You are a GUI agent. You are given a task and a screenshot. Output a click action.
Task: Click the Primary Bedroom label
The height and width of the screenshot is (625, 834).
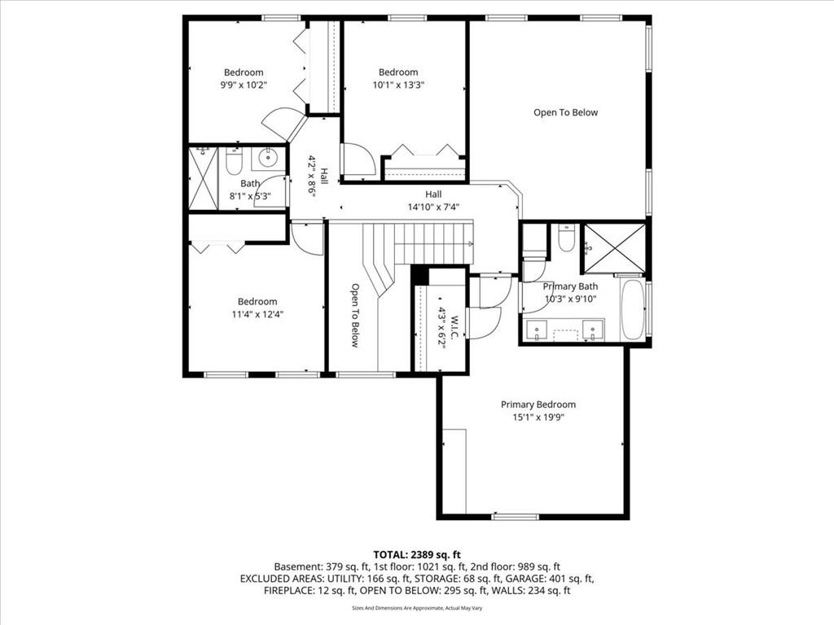pos(538,404)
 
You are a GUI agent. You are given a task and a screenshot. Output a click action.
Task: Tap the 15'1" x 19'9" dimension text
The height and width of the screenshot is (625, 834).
pos(538,417)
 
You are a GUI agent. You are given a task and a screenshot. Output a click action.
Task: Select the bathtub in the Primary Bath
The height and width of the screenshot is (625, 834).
pos(632,309)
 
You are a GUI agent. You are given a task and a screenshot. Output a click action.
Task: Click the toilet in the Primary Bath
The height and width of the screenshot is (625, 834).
pos(567,238)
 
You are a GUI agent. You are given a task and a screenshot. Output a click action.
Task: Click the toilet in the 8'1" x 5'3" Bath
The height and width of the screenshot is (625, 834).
pos(234,162)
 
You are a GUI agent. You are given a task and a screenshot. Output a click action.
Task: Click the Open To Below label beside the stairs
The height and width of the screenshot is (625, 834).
pos(355,315)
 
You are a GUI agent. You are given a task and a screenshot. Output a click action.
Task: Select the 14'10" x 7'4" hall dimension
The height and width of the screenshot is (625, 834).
pos(433,207)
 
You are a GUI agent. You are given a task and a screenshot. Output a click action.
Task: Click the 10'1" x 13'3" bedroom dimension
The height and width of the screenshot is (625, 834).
pos(397,85)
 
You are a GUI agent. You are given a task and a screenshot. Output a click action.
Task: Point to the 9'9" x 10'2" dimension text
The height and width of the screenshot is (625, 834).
pos(244,85)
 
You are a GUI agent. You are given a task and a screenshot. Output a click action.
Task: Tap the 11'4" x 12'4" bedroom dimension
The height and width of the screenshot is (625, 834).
pos(257,314)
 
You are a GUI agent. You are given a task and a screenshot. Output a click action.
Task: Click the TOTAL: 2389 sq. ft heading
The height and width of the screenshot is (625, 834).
pos(417,555)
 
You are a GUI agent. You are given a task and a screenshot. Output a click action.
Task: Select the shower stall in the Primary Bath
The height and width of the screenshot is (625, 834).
pos(615,248)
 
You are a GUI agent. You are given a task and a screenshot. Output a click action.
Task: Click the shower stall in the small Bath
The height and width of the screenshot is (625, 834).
pos(203,178)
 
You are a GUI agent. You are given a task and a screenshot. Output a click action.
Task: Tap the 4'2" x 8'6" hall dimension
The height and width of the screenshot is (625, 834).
pos(312,177)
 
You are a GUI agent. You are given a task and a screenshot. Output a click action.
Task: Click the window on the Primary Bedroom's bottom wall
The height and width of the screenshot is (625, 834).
pos(516,516)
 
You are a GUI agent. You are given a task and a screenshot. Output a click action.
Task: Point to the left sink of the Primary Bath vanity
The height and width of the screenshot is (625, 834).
pos(536,330)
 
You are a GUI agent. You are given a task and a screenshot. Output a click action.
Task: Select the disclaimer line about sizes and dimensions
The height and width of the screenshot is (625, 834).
pos(417,608)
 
